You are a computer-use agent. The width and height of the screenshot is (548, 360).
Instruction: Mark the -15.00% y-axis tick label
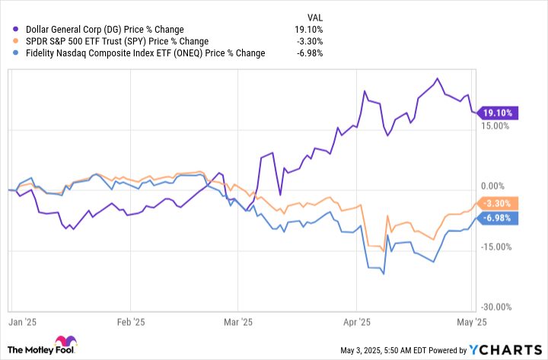pyautogui.click(x=495, y=247)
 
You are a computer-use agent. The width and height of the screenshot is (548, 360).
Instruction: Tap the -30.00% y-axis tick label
pyautogui.click(x=495, y=307)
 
